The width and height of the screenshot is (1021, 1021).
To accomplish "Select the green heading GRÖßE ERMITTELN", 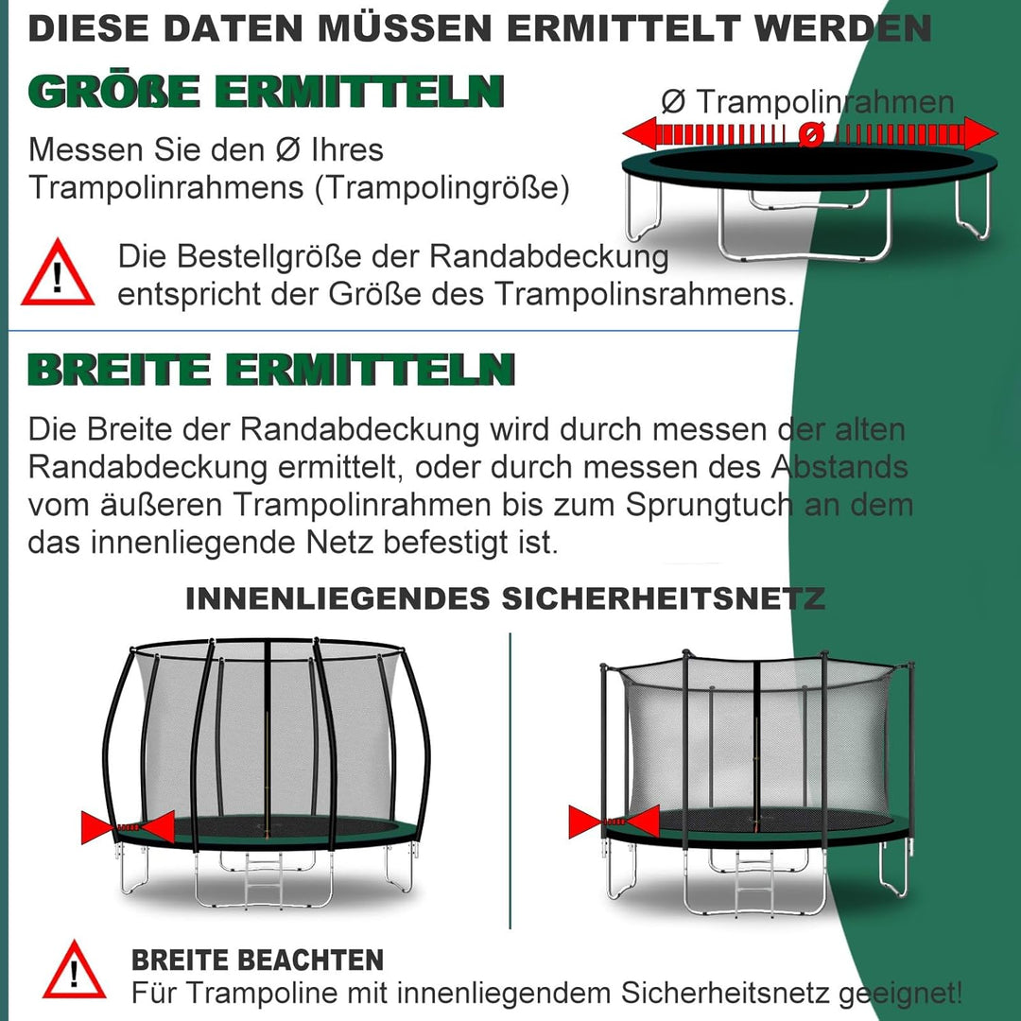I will [266, 93].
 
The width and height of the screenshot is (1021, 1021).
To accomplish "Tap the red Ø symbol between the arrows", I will [809, 135].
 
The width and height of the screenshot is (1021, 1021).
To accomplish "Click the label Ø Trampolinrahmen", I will [807, 101].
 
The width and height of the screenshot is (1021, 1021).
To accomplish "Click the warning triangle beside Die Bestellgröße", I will [58, 275].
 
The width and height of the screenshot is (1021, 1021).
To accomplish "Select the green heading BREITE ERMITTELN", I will [271, 370].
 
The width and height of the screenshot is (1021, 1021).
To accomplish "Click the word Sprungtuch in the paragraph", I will [708, 505].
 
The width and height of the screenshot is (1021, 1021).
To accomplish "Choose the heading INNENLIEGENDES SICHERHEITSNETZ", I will [505, 598].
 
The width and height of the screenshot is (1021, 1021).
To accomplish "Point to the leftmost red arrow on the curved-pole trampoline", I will [98, 827].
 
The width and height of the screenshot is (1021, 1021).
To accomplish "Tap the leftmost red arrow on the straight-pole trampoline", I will [585, 822].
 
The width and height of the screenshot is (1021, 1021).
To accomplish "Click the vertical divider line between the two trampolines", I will [510, 780].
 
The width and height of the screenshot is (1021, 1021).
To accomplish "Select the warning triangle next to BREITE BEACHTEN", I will [74, 970].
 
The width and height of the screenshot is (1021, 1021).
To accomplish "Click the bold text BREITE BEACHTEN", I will [257, 960].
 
